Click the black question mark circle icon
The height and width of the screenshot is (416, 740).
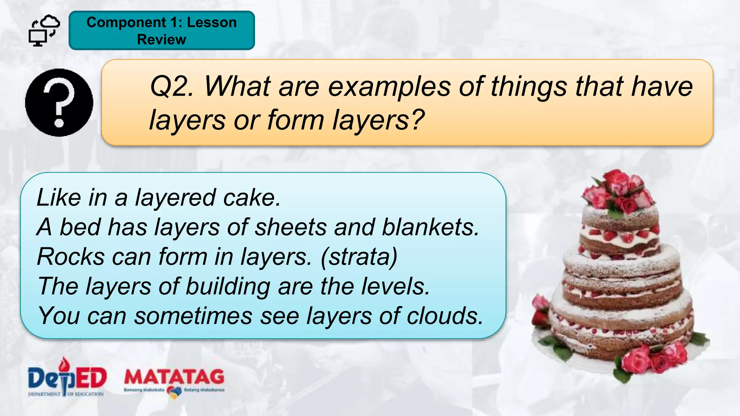(x=59, y=103)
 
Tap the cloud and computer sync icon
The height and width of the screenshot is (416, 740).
(x=44, y=31)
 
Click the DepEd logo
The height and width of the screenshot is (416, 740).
(x=67, y=377)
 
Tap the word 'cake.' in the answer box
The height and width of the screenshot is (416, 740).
(x=252, y=198)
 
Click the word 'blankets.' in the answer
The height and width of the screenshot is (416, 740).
(x=430, y=227)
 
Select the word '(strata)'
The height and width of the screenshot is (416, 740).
(x=359, y=257)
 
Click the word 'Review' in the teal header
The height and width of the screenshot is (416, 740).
(x=162, y=39)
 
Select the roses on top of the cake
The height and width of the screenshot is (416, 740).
(x=619, y=191)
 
